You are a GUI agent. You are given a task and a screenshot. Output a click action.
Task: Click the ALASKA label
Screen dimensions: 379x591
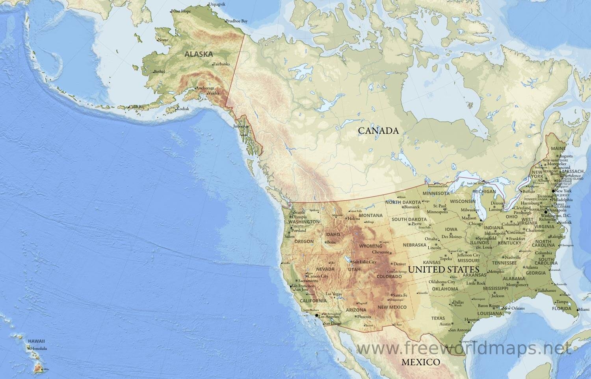(199, 54)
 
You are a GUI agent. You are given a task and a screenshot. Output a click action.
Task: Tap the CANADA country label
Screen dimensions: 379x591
(378, 130)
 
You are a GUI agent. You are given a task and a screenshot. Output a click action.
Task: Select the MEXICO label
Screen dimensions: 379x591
(420, 362)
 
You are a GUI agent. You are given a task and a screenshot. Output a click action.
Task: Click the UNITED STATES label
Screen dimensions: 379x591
(444, 270)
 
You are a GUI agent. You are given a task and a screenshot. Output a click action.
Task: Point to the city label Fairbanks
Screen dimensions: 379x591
(221, 64)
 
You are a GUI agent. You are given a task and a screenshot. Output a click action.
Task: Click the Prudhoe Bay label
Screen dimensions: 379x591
(237, 21)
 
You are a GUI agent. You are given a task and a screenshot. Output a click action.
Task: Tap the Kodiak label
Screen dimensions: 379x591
(183, 109)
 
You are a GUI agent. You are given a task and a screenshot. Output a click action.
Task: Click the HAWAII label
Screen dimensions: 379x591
(36, 341)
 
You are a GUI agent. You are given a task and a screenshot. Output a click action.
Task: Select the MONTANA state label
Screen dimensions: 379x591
(371, 215)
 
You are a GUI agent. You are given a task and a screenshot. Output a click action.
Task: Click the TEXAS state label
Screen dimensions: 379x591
(438, 318)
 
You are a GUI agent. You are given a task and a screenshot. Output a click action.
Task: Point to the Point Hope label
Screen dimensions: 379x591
(181, 11)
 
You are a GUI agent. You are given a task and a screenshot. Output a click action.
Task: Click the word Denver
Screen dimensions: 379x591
(400, 264)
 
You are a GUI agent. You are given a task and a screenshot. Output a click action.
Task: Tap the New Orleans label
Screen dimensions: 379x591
(513, 308)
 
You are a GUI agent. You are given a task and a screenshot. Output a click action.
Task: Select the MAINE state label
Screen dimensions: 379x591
(558, 148)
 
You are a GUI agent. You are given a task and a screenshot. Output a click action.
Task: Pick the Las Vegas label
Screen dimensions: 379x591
(334, 294)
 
